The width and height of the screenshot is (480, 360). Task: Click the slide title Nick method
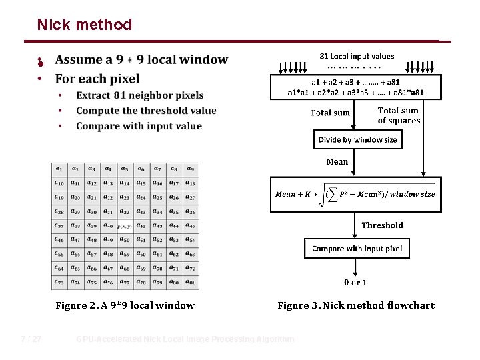coord(85,25)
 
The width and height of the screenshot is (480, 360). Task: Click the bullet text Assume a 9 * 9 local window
coord(141,60)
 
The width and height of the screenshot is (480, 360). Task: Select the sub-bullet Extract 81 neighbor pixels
coord(139,95)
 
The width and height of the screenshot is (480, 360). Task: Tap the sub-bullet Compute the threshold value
coord(146,111)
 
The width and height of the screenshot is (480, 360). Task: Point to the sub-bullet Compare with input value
coord(139,126)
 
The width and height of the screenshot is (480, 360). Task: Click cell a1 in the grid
coord(59,169)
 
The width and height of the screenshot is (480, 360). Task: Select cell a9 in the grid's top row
coord(190,169)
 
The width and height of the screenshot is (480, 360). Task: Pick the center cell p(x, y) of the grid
coord(125,226)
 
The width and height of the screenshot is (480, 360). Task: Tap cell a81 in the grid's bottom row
coord(190,283)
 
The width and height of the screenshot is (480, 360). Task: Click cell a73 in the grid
coord(59,283)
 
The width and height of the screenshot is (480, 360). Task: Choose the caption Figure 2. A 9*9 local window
coord(125,306)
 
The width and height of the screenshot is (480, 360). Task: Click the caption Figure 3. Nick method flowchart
coord(355,306)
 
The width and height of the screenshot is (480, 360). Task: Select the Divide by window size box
coord(357,140)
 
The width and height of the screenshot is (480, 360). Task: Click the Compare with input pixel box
coord(357,249)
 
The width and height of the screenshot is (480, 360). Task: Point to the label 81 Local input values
coord(357,57)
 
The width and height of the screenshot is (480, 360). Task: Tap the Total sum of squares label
coord(398,116)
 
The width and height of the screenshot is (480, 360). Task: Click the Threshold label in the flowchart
coord(382,225)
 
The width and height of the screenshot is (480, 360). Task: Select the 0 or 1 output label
coord(355,283)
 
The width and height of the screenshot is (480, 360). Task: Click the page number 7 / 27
coord(31,339)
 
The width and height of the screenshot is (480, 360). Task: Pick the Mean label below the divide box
coord(337,162)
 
